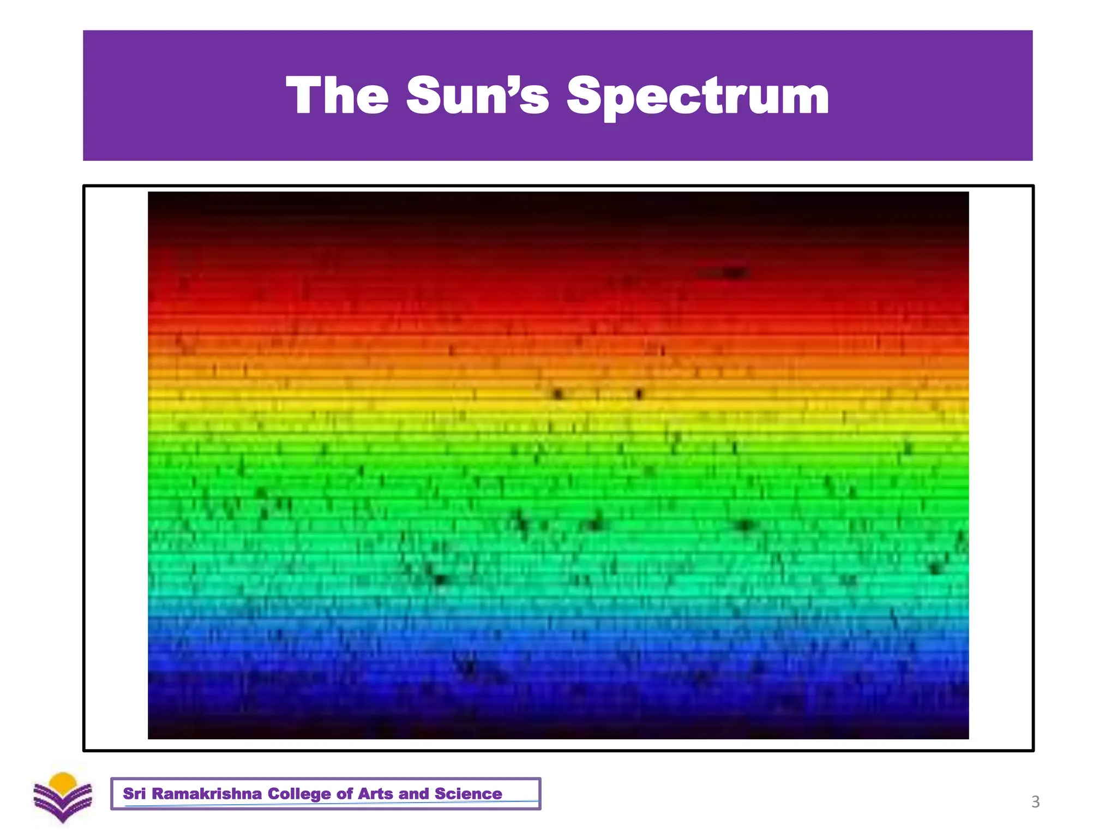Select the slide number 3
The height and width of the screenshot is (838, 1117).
[x=1035, y=801]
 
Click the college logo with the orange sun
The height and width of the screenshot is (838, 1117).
[x=63, y=797]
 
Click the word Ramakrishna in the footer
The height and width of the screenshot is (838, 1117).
[x=207, y=793]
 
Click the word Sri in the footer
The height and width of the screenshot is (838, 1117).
[x=134, y=793]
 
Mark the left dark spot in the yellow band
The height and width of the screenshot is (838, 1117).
[x=557, y=393]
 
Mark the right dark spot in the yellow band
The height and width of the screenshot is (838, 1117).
[x=639, y=393]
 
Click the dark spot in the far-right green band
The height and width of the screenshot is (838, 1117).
[x=936, y=568]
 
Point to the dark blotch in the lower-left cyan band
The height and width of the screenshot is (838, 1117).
[x=440, y=579]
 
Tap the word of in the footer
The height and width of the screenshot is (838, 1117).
[x=344, y=793]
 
